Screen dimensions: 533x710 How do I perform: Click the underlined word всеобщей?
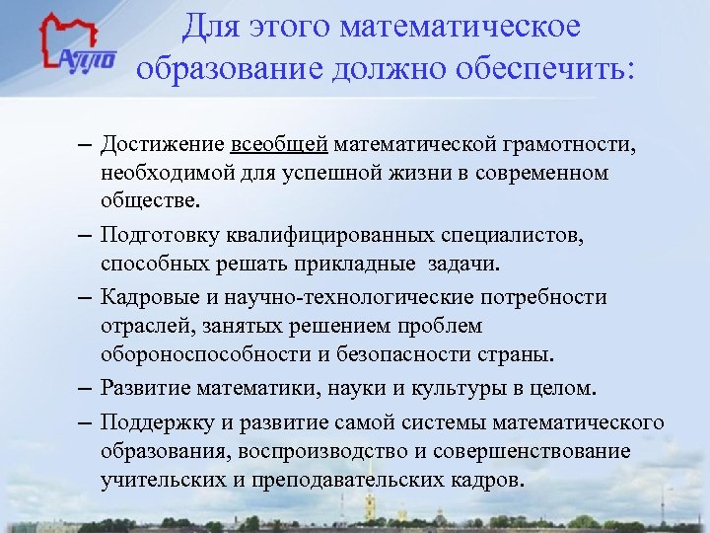[279, 146]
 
